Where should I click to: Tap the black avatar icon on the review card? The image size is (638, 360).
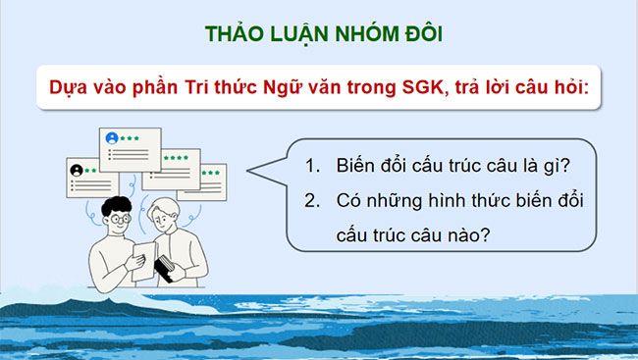point(76,170)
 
